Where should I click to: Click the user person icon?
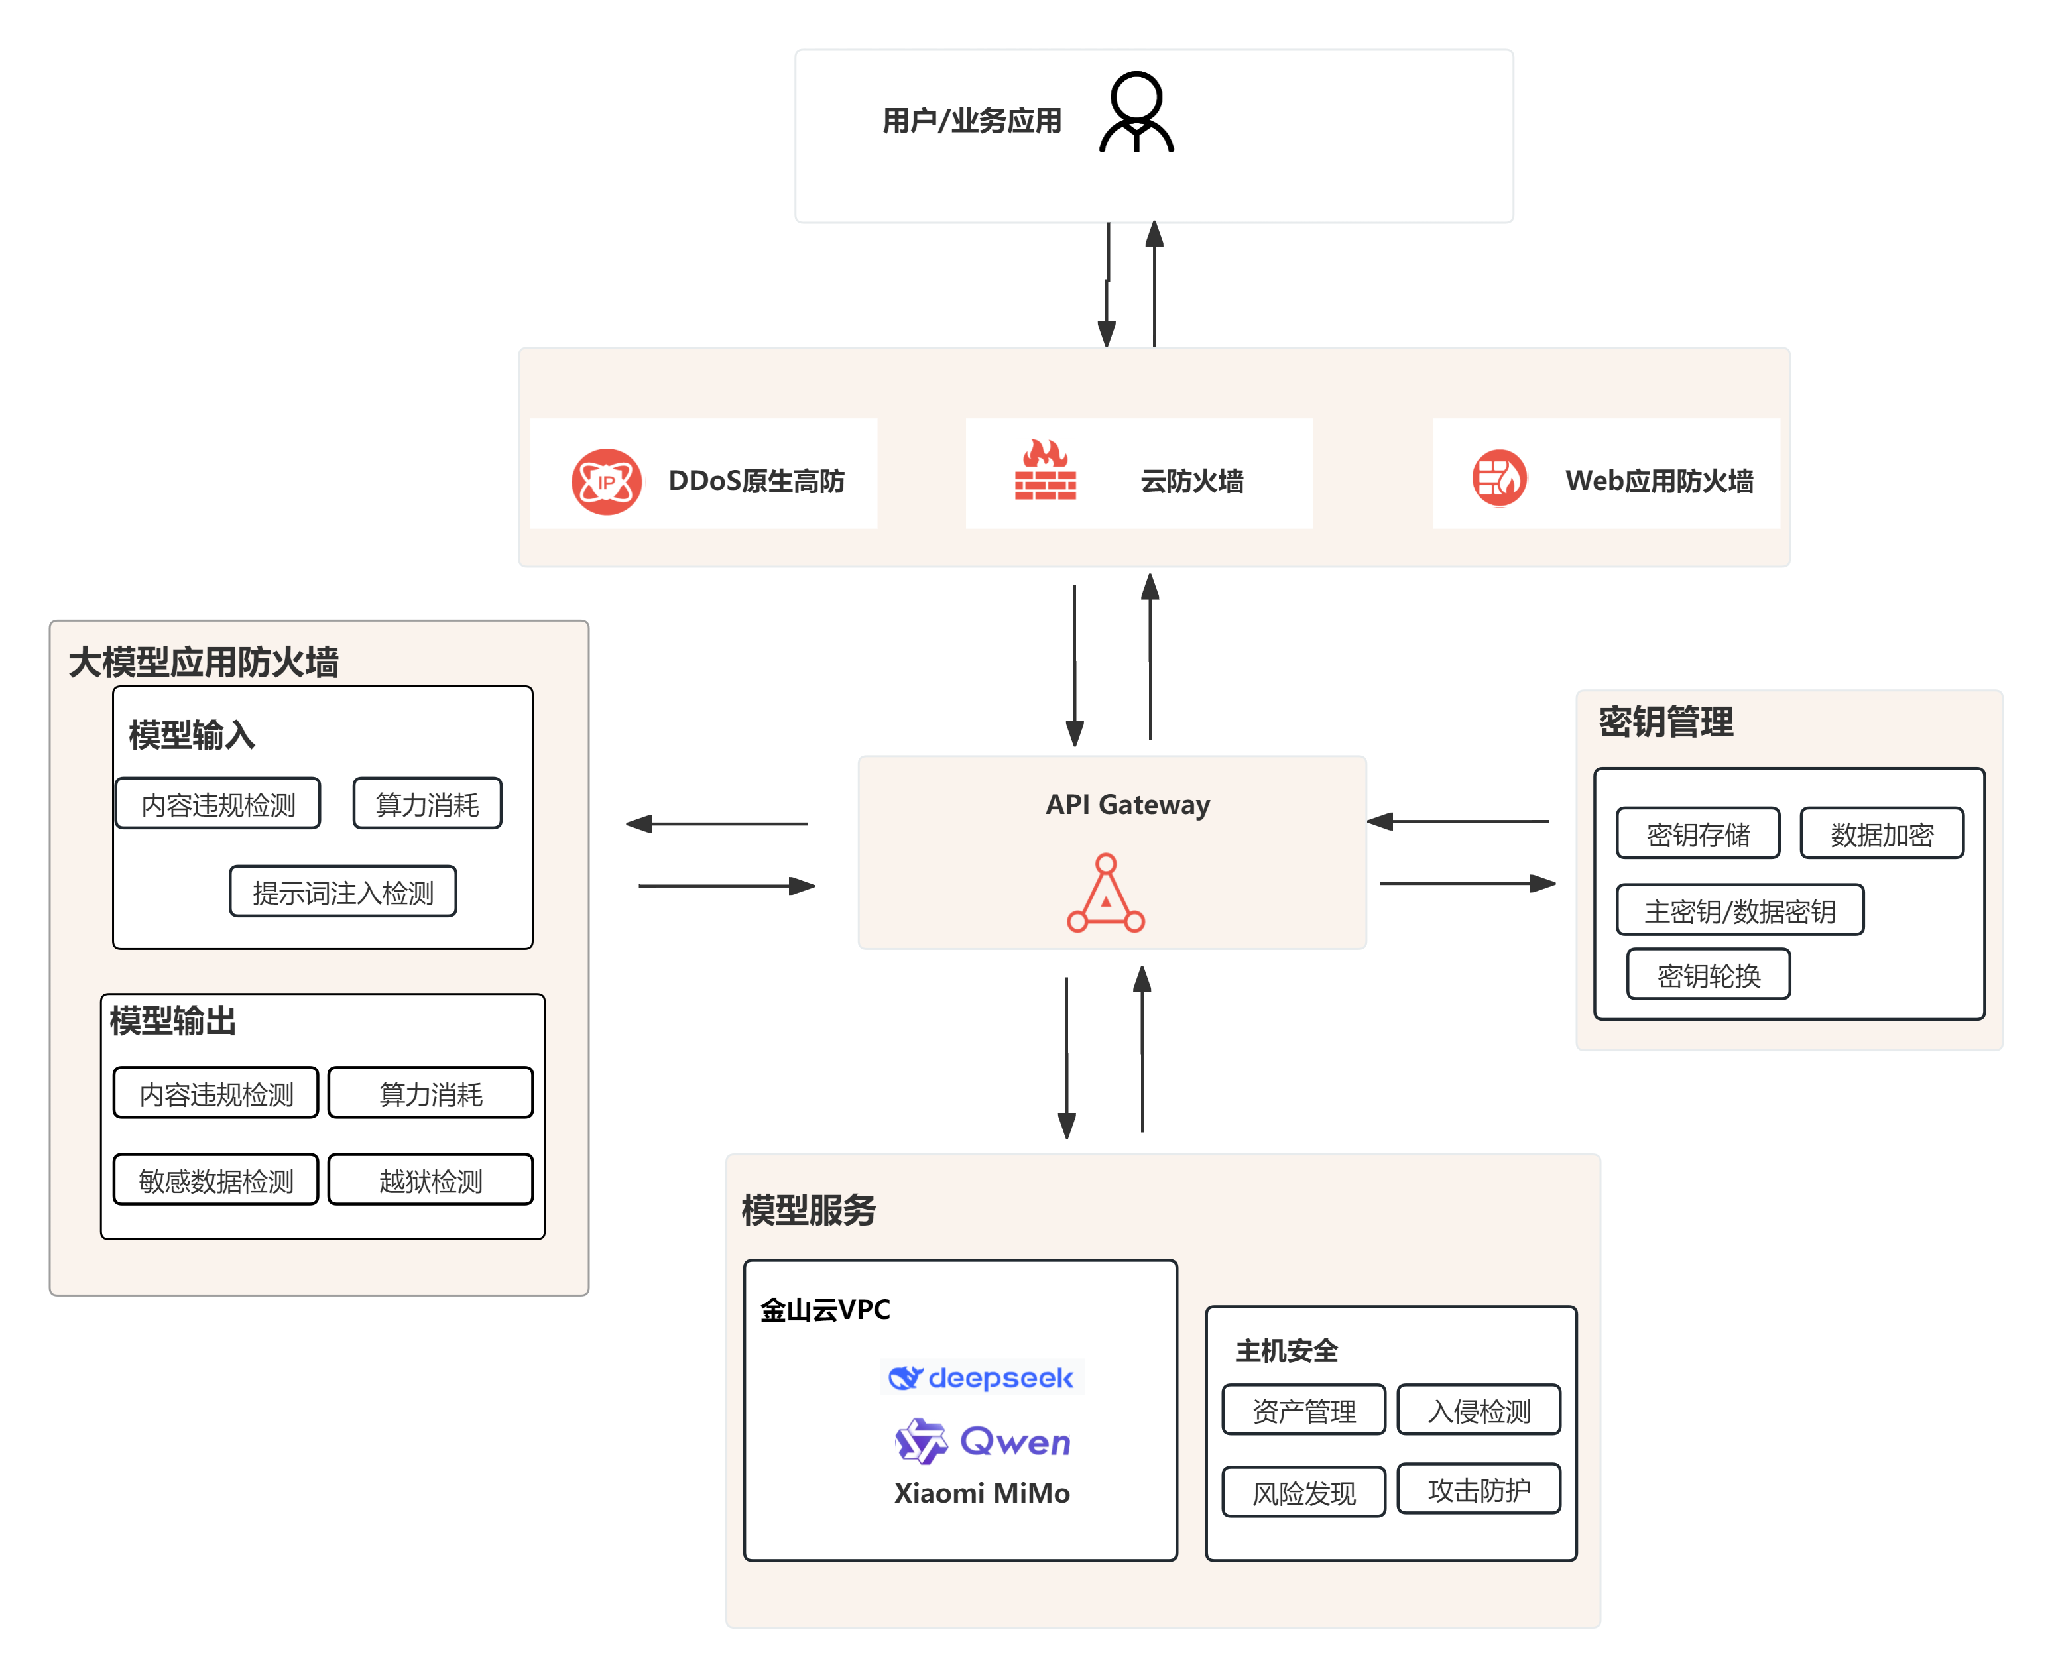1136,113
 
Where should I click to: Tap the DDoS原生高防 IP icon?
606,481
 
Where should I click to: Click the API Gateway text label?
1128,805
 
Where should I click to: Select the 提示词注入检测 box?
343,892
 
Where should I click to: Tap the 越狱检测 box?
431,1179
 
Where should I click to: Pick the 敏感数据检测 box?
216,1179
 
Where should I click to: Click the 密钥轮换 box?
1708,974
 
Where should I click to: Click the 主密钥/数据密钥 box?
1740,911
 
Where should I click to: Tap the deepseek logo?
981,1377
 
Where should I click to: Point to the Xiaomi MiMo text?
981,1493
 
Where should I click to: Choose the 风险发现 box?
1303,1493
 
